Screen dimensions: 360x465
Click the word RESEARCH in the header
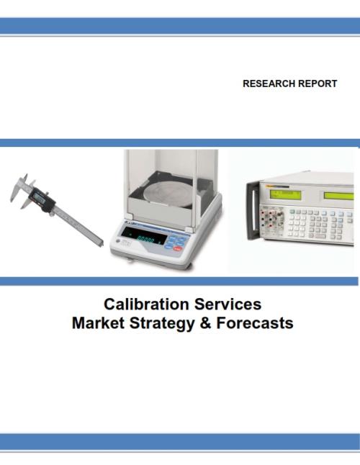coord(269,83)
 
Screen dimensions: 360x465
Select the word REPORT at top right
coord(318,83)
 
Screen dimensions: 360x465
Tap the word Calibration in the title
coord(146,304)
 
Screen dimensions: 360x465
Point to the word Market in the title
coord(98,323)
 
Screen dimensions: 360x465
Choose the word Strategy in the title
coord(162,324)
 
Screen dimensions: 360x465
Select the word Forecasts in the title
coord(255,323)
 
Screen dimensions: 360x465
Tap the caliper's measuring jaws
coord(22,190)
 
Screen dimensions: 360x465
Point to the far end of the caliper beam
coord(101,243)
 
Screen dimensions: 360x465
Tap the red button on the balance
coord(178,248)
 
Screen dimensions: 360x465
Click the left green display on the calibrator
coord(285,194)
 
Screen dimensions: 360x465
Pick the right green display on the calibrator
coord(338,196)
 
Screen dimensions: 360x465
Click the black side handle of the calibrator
coord(252,211)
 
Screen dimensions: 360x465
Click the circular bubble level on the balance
coord(118,241)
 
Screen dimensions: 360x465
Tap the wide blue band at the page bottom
coord(180,442)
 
